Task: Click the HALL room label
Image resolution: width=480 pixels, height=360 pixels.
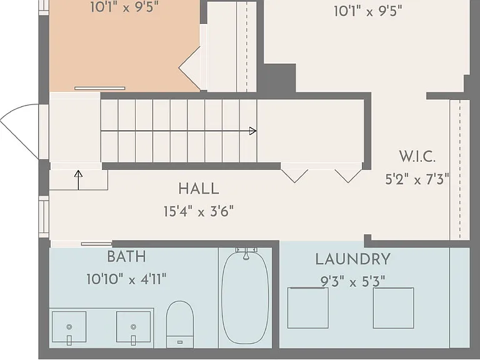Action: coord(199,189)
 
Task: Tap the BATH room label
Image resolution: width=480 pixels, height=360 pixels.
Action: coord(126,256)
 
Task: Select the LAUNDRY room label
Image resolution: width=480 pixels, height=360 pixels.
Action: coord(353,259)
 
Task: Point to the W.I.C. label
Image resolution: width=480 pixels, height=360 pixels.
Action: coord(417,156)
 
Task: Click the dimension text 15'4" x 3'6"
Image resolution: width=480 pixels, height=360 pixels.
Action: coord(199,211)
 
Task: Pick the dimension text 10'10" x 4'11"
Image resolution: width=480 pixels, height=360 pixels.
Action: coord(126,279)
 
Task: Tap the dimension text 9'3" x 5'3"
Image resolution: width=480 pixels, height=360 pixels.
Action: coord(352,281)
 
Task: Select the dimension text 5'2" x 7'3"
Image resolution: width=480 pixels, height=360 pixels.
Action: coord(417,179)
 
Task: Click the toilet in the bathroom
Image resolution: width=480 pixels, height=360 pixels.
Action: coord(180,324)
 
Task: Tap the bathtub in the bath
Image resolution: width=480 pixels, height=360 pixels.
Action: coord(245,297)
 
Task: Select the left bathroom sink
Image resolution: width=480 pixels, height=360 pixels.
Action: coord(69,327)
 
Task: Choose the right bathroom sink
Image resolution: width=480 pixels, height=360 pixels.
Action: coord(133,327)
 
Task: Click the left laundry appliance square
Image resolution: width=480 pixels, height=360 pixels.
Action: coord(308,308)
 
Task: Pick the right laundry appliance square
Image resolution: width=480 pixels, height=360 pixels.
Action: coord(393,308)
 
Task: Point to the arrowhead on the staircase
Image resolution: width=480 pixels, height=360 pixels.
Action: coord(253,131)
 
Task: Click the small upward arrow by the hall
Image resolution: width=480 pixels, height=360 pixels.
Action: coord(78,180)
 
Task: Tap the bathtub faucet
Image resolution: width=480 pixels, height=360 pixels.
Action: coord(246,254)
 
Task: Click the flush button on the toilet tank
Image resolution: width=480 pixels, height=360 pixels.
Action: coord(180,342)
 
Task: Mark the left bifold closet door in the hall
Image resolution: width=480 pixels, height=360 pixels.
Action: coord(294,176)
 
